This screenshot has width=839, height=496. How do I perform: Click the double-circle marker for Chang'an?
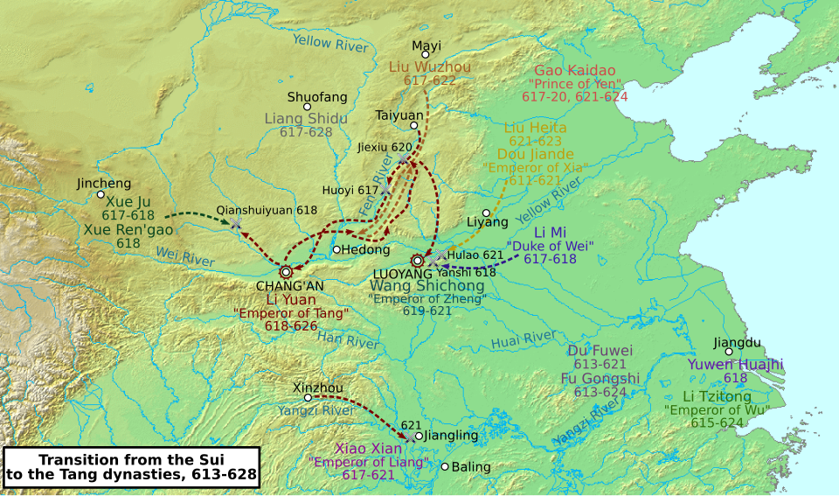pyautogui.click(x=286, y=271)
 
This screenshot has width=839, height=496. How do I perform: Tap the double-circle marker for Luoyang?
pyautogui.click(x=418, y=260)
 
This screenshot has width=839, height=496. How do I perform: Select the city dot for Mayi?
pyautogui.click(x=426, y=55)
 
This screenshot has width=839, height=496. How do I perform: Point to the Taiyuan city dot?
pyautogui.click(x=413, y=125)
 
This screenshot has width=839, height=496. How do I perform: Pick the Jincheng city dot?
pyautogui.click(x=101, y=194)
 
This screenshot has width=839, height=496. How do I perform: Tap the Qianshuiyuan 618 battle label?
pyautogui.click(x=267, y=210)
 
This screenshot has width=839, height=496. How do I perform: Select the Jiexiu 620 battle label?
pyautogui.click(x=385, y=147)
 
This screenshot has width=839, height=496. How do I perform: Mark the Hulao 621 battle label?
pyautogui.click(x=475, y=255)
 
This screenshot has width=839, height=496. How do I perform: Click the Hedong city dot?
pyautogui.click(x=336, y=249)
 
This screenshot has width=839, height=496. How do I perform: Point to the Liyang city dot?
pyautogui.click(x=486, y=212)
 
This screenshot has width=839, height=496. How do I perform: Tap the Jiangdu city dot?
pyautogui.click(x=728, y=352)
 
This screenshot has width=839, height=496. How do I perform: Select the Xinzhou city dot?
pyautogui.click(x=308, y=397)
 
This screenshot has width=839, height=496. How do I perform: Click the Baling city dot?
pyautogui.click(x=444, y=466)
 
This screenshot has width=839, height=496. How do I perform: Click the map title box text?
pyautogui.click(x=131, y=467)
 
